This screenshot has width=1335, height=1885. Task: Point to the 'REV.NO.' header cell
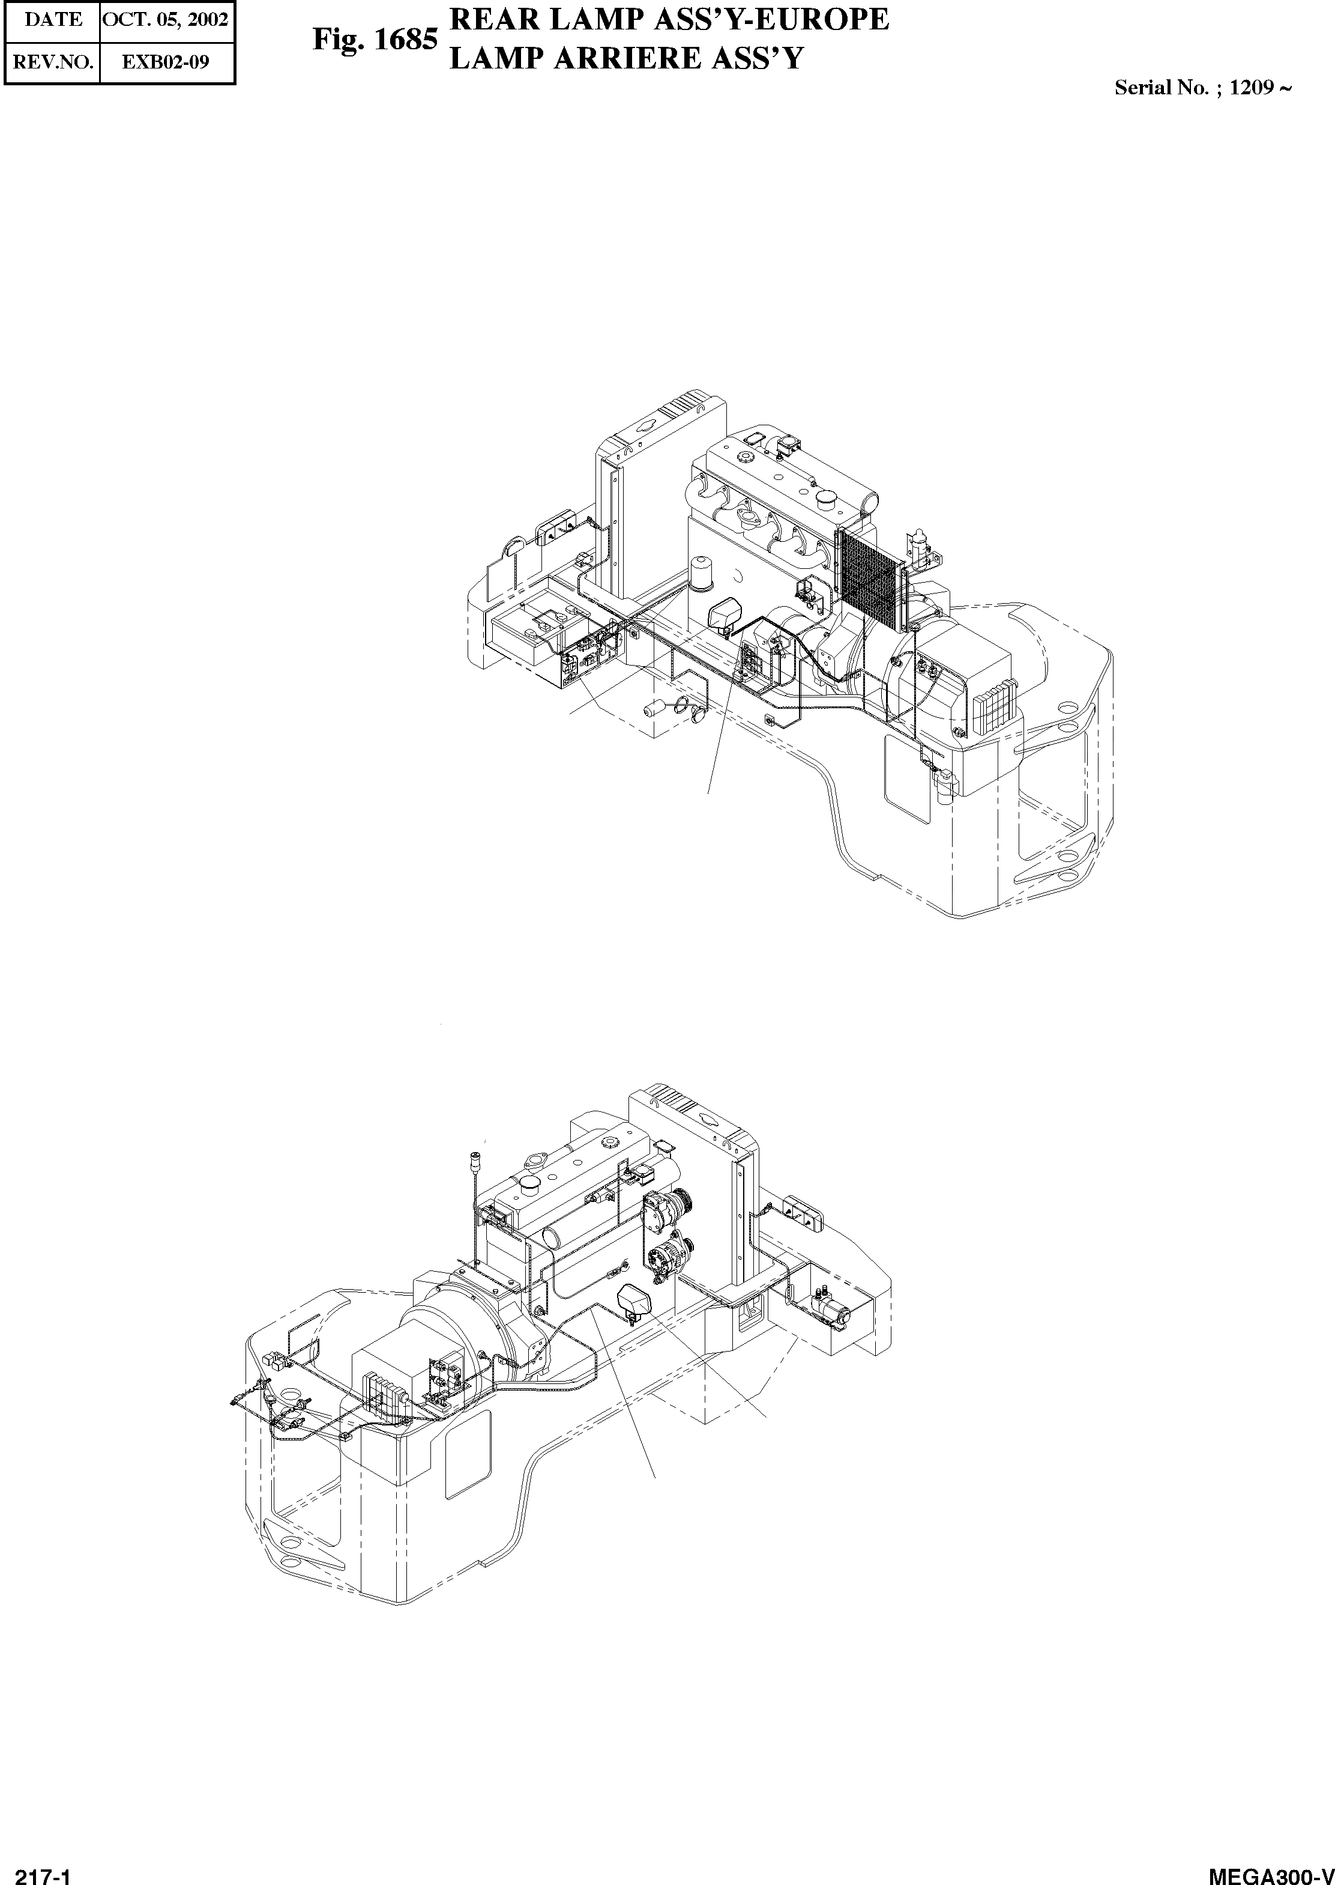[52, 62]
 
